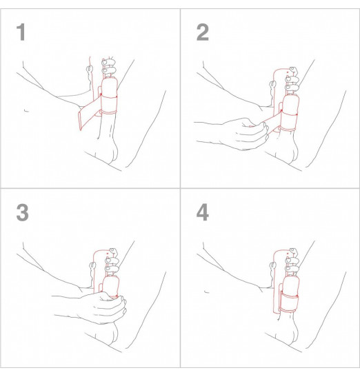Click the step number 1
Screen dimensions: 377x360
[x=23, y=32]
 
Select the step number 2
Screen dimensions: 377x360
[x=202, y=32]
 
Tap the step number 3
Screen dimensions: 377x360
[x=23, y=213]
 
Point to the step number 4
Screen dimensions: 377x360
[x=202, y=213]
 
